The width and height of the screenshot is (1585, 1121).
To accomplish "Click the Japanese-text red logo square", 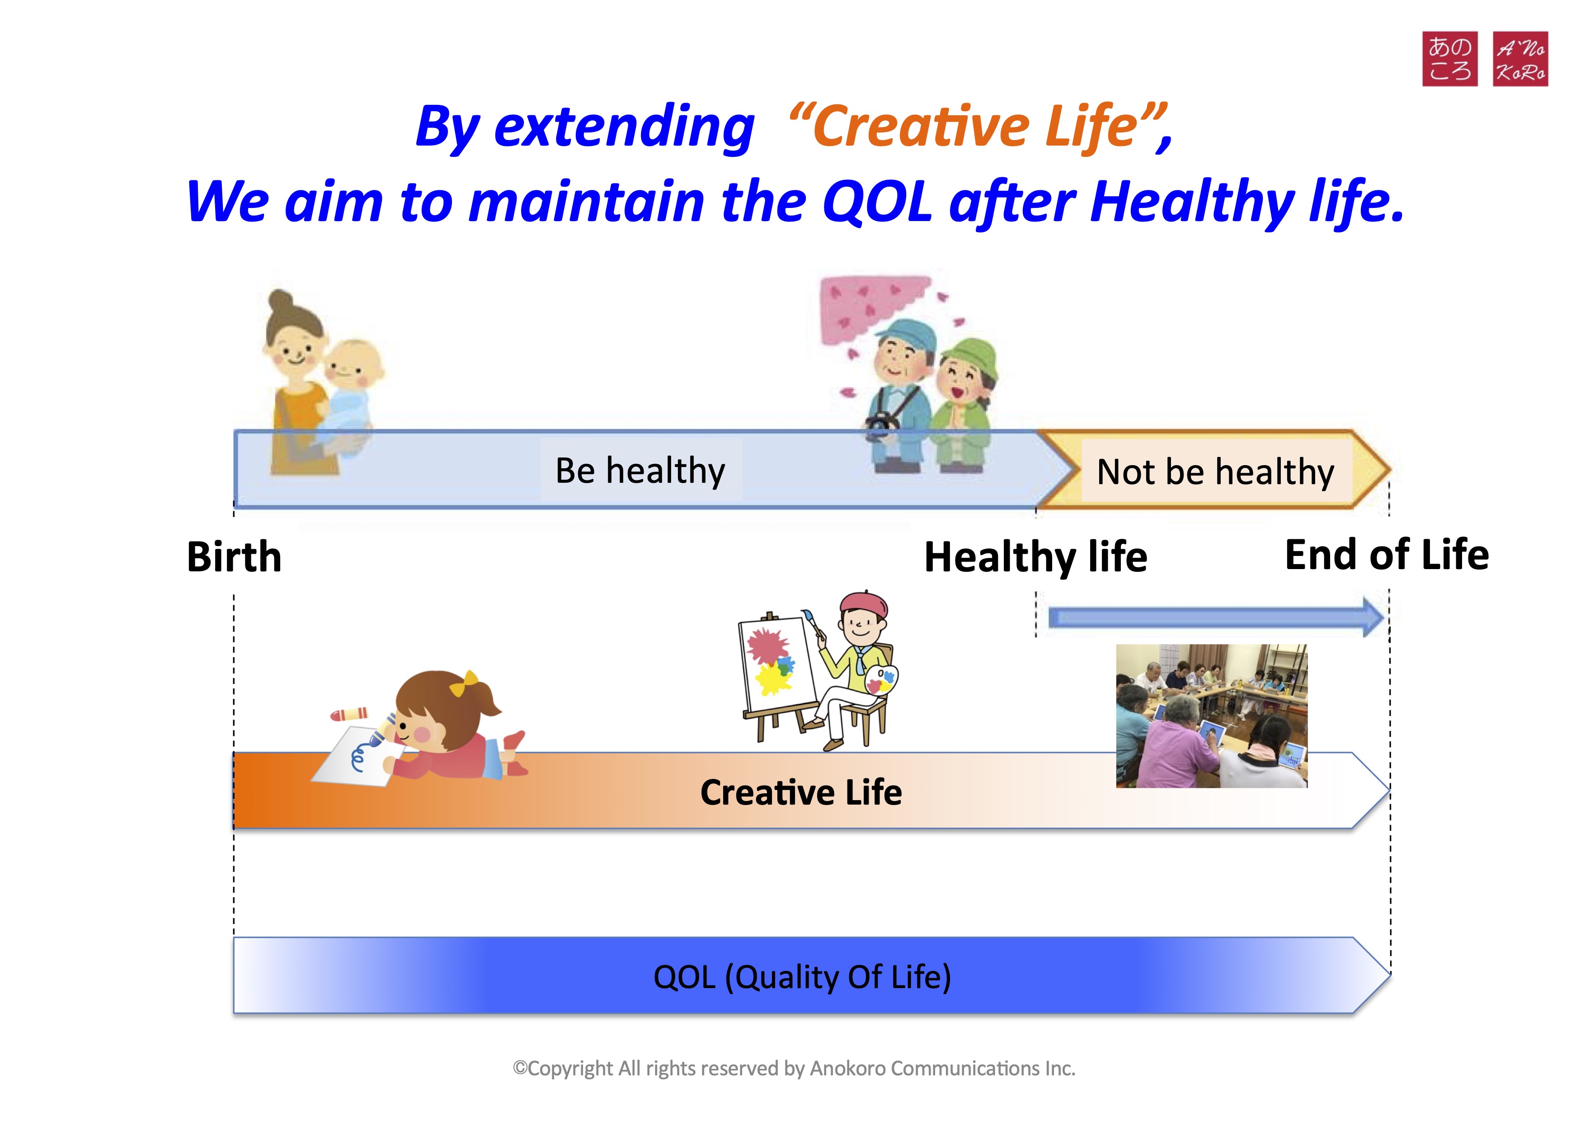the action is click(x=1450, y=59).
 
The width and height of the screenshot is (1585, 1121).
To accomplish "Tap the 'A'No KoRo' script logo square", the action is click(x=1521, y=59).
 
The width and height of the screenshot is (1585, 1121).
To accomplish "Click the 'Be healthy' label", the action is click(x=640, y=471).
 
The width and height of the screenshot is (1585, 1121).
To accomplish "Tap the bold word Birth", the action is click(x=235, y=556).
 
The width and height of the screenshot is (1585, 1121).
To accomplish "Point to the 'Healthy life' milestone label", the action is click(x=1035, y=557).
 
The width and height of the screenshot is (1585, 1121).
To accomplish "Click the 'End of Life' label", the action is click(x=1387, y=554).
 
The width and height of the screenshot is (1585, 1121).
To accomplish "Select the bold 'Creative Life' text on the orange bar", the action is click(x=801, y=792).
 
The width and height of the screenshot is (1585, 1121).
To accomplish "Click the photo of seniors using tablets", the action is click(x=1212, y=716).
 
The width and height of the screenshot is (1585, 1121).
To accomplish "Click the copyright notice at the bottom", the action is click(x=794, y=1069).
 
